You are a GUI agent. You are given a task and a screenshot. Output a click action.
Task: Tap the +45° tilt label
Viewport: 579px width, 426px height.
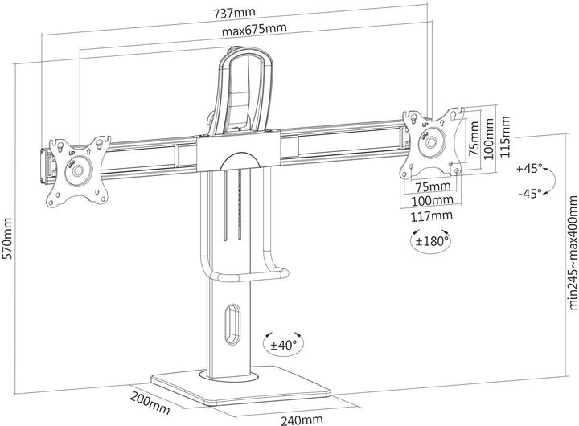click(x=531, y=169)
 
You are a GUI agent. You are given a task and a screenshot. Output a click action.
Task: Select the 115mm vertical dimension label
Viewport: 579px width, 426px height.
click(x=505, y=138)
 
